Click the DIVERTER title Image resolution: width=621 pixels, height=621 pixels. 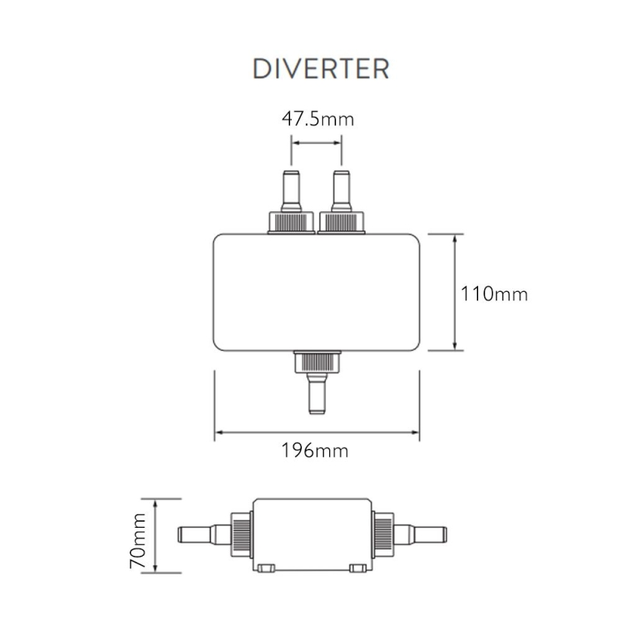(x=321, y=69)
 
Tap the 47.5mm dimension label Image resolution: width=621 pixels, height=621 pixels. (x=317, y=119)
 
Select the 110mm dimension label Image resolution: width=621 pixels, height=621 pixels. (x=494, y=294)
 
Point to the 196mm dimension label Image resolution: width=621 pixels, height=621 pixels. (x=315, y=450)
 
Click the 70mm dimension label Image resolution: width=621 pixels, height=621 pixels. (x=138, y=540)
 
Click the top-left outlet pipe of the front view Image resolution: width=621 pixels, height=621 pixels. (x=291, y=191)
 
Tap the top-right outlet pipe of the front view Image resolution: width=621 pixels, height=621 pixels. (x=342, y=191)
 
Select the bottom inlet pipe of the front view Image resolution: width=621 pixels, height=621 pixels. (x=317, y=394)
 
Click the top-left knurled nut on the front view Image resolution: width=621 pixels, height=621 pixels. (x=291, y=223)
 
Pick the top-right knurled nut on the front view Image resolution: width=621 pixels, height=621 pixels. (x=342, y=223)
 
